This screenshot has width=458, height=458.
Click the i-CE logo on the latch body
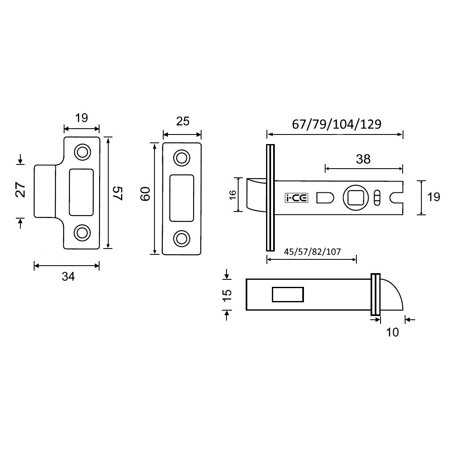pos(296,198)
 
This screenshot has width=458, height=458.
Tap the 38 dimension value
pos(363,159)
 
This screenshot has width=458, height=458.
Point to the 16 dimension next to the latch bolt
pos(232,194)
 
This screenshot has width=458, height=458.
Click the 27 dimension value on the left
pos(21,190)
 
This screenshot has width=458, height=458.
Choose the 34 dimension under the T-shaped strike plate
pos(67,276)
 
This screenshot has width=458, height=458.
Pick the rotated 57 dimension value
pos(118,193)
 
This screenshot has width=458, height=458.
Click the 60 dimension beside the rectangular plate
pos(144,194)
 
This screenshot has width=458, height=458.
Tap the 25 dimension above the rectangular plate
pos(182,121)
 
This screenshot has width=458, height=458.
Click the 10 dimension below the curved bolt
pos(392,332)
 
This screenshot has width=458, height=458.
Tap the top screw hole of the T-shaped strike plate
pos(82,152)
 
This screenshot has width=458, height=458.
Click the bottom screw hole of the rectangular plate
pos(181,238)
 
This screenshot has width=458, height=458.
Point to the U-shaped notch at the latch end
pos(396,198)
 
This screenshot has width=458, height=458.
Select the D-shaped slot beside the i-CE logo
pos(325,198)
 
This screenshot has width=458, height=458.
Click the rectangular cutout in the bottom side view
pos(287,294)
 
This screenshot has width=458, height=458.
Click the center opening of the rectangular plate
pos(182,198)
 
